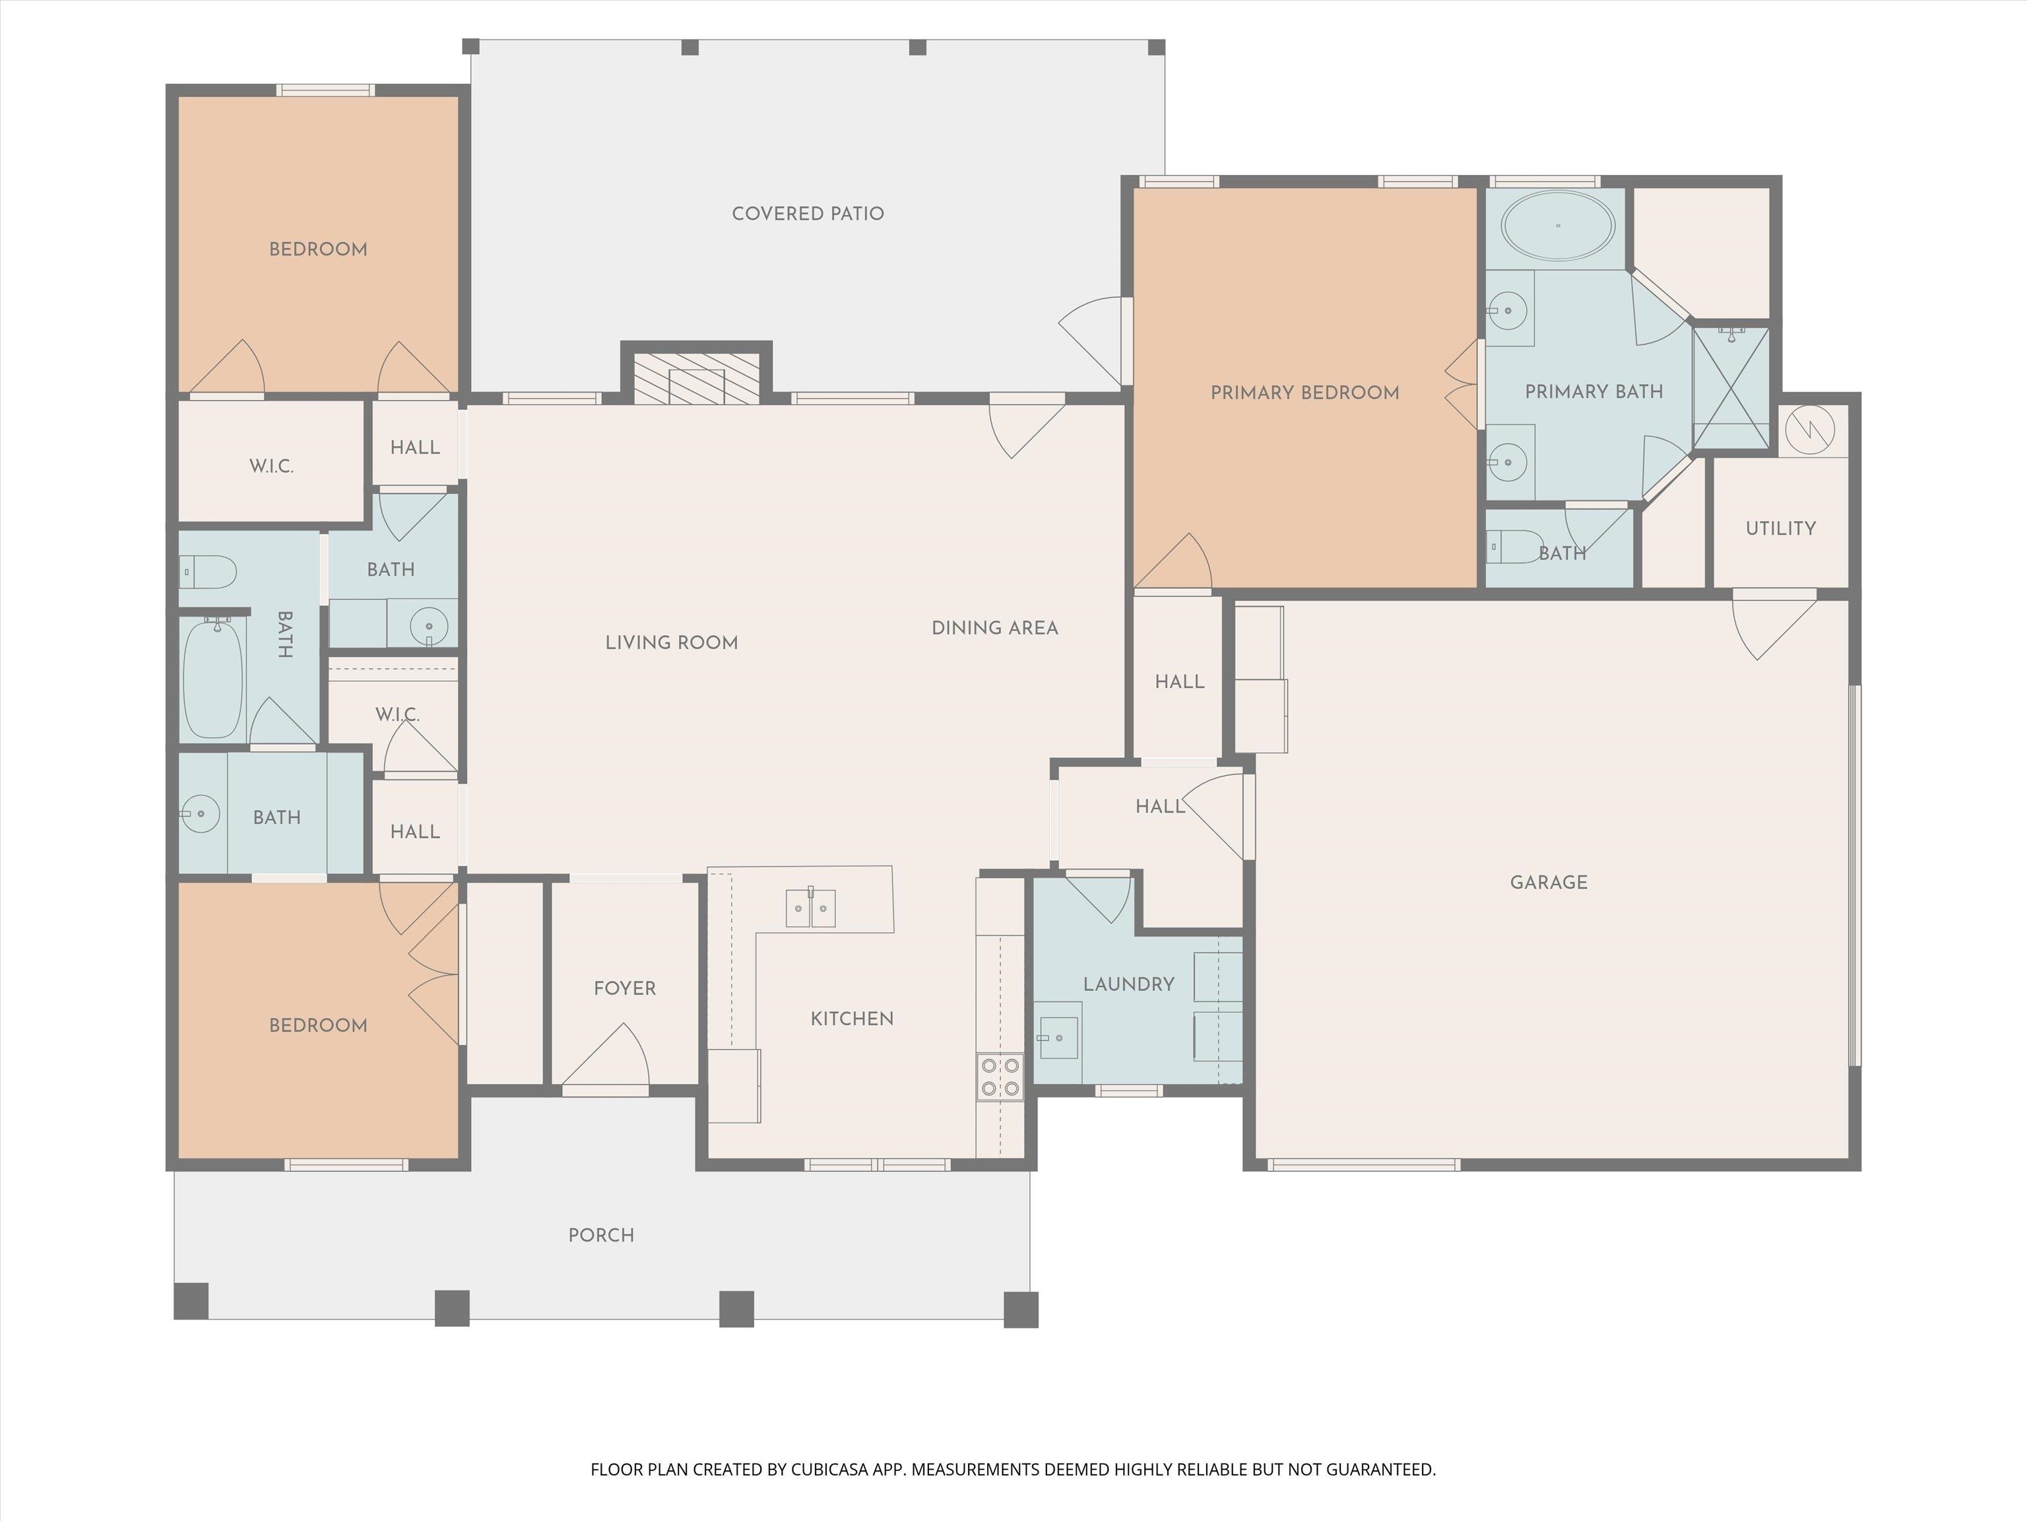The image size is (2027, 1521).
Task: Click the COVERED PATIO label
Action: coord(808,214)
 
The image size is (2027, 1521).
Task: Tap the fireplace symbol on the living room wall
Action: coord(696,377)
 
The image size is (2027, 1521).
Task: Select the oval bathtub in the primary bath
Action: coord(1557,226)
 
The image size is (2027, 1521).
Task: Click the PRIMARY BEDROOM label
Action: coord(1305,392)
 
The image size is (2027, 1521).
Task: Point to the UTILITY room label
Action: coord(1780,528)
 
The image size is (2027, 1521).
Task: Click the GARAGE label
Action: coord(1549,882)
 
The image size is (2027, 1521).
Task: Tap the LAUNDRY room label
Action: coord(1129,984)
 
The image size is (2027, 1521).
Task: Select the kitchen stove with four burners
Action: coord(1000,1077)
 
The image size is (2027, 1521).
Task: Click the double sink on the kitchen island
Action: coord(811,908)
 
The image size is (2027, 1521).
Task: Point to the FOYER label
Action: coord(625,988)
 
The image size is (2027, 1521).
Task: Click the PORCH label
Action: coord(601,1235)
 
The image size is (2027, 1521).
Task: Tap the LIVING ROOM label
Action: coord(672,643)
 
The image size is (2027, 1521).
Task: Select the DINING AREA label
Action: coord(995,628)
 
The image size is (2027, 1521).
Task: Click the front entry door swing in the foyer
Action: coord(606,1059)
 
